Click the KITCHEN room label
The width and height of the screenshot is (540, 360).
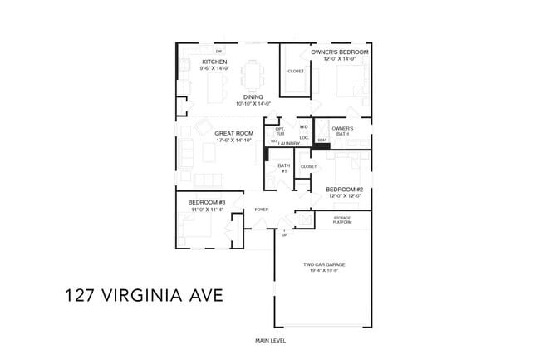click(214, 62)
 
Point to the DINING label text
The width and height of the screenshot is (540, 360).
click(253, 96)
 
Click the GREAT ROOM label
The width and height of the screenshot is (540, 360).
click(233, 133)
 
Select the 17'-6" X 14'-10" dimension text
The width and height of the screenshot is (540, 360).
click(233, 141)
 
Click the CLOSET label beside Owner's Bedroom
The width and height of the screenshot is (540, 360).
click(295, 71)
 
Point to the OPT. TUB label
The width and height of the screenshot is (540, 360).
click(280, 131)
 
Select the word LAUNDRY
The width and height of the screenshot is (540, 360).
click(288, 144)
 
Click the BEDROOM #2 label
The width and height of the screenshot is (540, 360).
click(344, 189)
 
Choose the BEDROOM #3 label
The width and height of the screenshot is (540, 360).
click(206, 202)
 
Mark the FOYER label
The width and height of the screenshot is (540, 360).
click(261, 210)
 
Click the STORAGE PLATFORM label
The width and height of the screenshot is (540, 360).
click(342, 220)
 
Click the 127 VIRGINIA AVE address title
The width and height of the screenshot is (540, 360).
click(143, 295)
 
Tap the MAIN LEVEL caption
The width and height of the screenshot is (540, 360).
click(270, 341)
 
